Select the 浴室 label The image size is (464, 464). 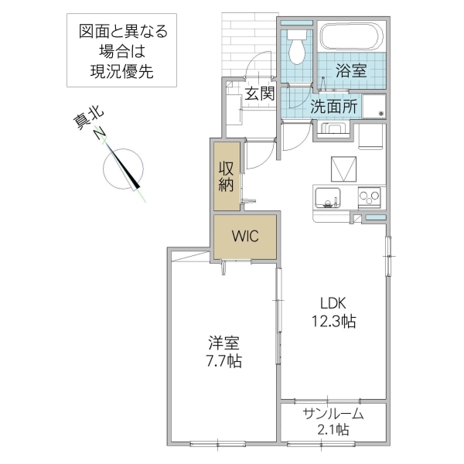click(350, 70)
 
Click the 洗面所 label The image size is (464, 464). click(333, 107)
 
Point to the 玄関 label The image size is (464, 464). click(260, 94)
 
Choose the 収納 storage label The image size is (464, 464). click(227, 176)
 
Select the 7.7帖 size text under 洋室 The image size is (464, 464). click(223, 360)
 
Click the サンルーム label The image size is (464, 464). click(333, 414)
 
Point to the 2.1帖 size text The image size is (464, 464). click(333, 430)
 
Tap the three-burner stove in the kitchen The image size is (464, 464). click(370, 196)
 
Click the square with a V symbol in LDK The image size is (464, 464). click(342, 168)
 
